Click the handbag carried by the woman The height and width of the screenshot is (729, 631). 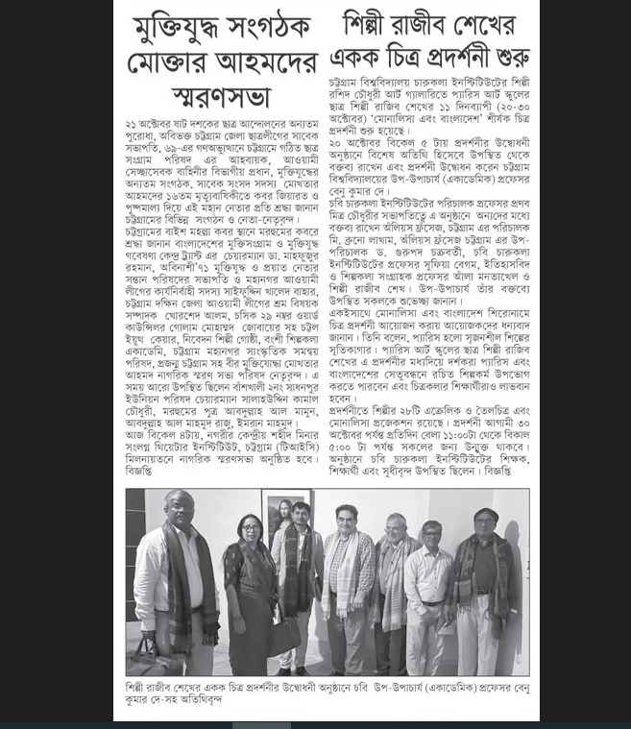tap(285, 635)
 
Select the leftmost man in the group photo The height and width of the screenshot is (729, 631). tap(179, 586)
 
